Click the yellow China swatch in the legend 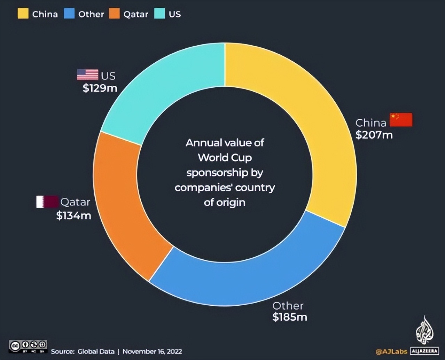click(23, 14)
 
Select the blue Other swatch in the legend click(69, 14)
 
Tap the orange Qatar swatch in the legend click(114, 14)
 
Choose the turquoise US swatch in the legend click(159, 14)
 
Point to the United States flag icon click(87, 75)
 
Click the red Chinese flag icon click(401, 120)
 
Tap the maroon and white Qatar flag click(47, 202)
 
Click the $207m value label click(374, 135)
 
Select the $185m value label click(289, 317)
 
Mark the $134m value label click(74, 216)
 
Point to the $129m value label click(100, 88)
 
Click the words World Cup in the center click(225, 158)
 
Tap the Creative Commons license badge click(28, 346)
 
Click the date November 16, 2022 click(152, 351)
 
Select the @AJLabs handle click(391, 351)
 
